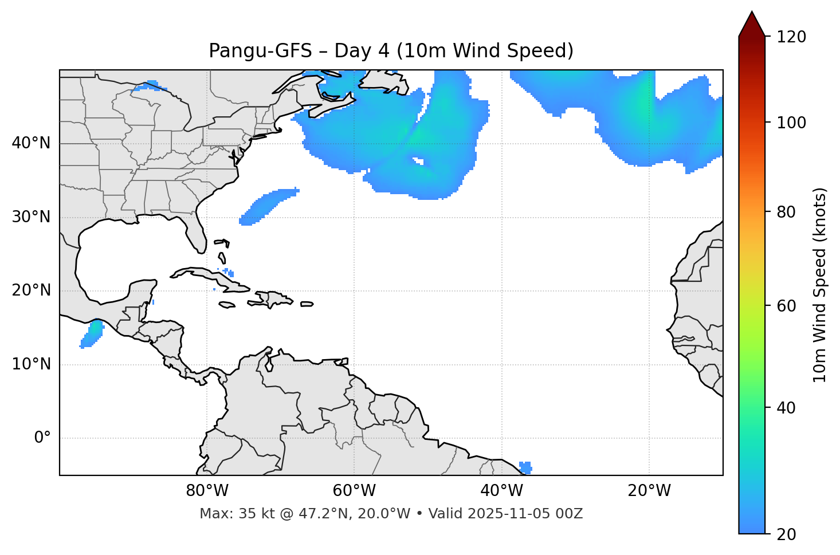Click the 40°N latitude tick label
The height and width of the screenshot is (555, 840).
(x=31, y=143)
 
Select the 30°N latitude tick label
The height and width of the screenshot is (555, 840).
(x=31, y=217)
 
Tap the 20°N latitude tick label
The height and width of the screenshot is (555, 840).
(x=31, y=290)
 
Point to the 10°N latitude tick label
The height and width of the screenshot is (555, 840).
(x=31, y=364)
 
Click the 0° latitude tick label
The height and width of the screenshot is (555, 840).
(x=42, y=438)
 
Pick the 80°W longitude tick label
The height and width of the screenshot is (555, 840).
(x=207, y=491)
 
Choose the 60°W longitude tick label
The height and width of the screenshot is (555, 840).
(x=354, y=491)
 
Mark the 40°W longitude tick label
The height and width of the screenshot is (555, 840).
(x=501, y=491)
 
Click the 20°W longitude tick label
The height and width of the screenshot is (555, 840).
(x=649, y=491)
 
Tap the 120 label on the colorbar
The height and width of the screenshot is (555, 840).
(x=791, y=37)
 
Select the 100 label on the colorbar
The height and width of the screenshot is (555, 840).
(x=791, y=123)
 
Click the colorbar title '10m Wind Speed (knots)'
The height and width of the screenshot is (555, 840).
(x=820, y=285)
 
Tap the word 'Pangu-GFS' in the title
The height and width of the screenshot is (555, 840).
(x=260, y=51)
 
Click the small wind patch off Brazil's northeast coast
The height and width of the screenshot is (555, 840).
(x=525, y=467)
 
